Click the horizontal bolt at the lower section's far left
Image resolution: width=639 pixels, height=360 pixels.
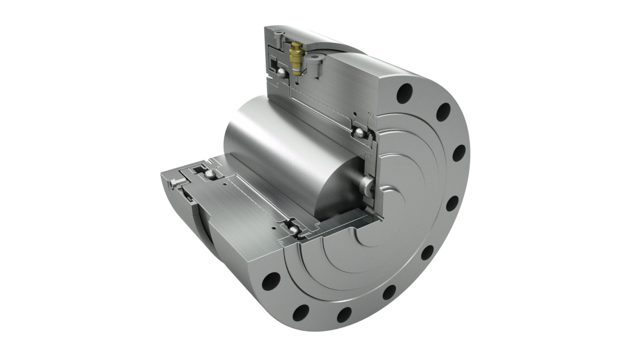point(173,183)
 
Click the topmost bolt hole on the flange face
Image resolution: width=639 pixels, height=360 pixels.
point(408,90)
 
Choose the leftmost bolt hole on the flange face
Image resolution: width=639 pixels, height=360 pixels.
point(269,281)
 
